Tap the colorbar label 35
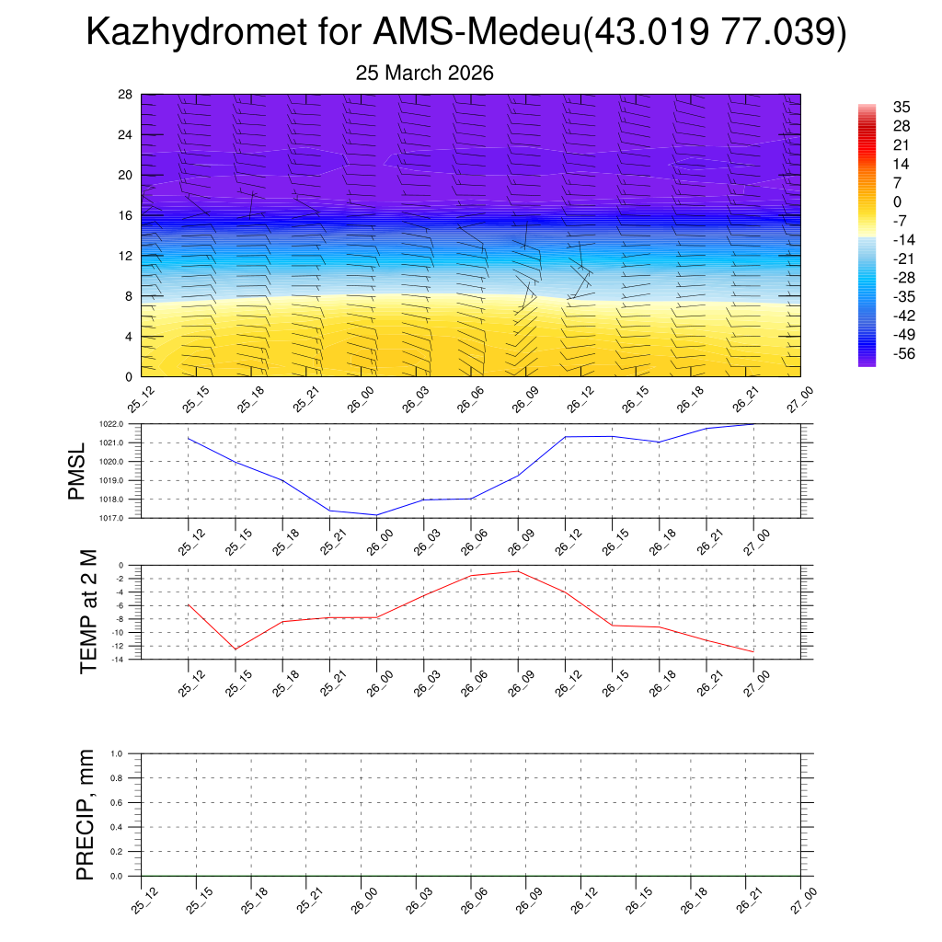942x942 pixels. (901, 107)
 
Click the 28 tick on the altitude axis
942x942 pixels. (125, 95)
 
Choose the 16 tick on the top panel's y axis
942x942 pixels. (125, 215)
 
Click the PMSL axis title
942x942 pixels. (77, 471)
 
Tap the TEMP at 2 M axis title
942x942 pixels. (88, 612)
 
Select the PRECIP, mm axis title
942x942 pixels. (86, 815)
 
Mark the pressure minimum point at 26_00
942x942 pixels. (376, 515)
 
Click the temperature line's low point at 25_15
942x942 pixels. (235, 649)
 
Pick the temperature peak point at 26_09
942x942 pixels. (518, 571)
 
